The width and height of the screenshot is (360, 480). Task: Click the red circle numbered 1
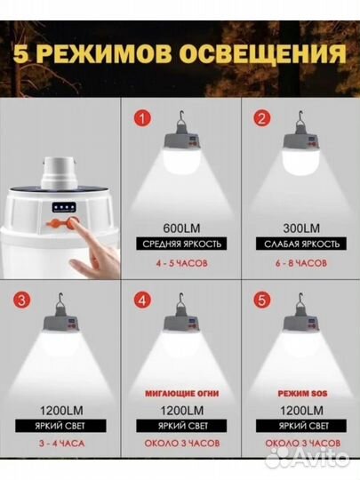tap(142, 118)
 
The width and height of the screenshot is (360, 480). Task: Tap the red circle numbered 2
tap(262, 118)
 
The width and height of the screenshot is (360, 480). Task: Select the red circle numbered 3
tap(22, 300)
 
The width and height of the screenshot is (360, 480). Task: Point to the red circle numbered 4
tap(142, 300)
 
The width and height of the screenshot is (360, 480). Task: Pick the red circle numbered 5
tap(262, 300)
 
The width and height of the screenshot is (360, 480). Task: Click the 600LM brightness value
tap(181, 228)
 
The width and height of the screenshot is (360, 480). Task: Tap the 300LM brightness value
tap(301, 228)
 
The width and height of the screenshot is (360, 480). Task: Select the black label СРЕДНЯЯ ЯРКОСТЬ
tap(181, 244)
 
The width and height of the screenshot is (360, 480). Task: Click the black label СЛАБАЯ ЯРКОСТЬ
tap(301, 244)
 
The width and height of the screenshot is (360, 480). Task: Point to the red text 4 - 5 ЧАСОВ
tap(181, 263)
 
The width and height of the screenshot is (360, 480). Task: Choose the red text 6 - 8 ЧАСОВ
tap(301, 263)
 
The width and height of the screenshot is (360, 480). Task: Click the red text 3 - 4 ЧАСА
tap(61, 444)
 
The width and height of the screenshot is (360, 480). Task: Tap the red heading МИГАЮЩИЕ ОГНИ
tap(182, 394)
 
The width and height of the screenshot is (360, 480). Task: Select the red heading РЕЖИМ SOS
tap(302, 394)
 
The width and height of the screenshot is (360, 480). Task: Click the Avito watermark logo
tap(308, 458)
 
